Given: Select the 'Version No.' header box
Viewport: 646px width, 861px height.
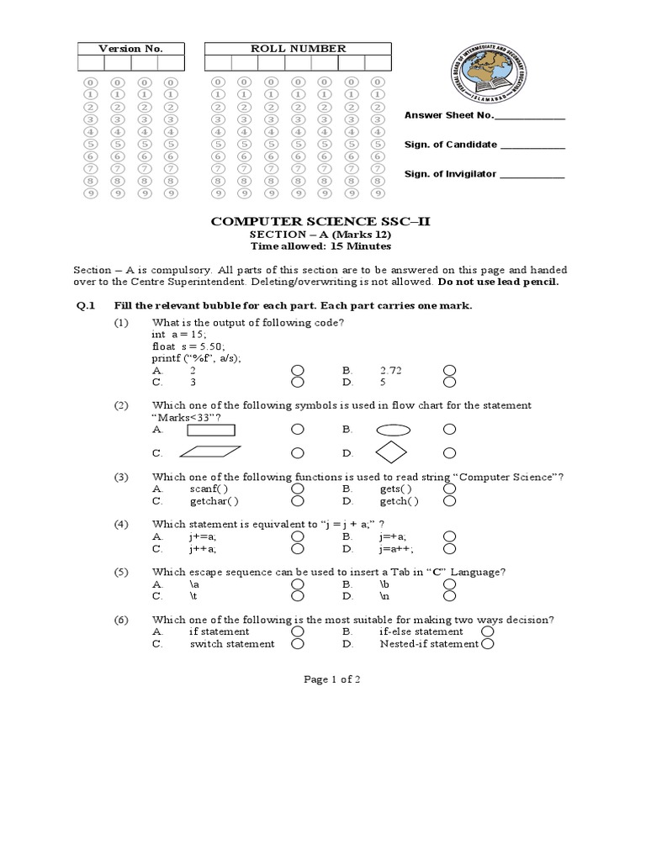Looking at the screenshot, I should click(x=130, y=49).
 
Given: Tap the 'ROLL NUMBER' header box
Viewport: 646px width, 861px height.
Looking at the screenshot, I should click(x=298, y=49).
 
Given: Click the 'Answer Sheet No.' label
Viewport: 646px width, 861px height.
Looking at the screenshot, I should click(x=449, y=116).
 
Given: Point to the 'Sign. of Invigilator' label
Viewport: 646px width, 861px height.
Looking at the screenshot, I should click(x=451, y=174).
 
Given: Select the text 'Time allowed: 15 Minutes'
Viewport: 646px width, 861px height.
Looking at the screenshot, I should click(x=320, y=246).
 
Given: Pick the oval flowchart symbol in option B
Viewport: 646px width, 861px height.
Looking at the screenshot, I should click(x=393, y=429).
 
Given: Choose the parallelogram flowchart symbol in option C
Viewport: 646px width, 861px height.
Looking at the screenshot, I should click(x=210, y=452).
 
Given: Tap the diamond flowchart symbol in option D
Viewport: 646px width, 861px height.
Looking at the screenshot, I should click(x=392, y=452).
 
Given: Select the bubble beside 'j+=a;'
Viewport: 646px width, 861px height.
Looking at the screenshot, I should click(x=297, y=536).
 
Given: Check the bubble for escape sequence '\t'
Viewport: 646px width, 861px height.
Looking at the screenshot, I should click(x=297, y=595).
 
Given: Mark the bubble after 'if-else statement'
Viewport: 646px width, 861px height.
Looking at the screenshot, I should click(x=487, y=631).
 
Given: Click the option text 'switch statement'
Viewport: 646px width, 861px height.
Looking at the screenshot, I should click(x=232, y=644).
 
